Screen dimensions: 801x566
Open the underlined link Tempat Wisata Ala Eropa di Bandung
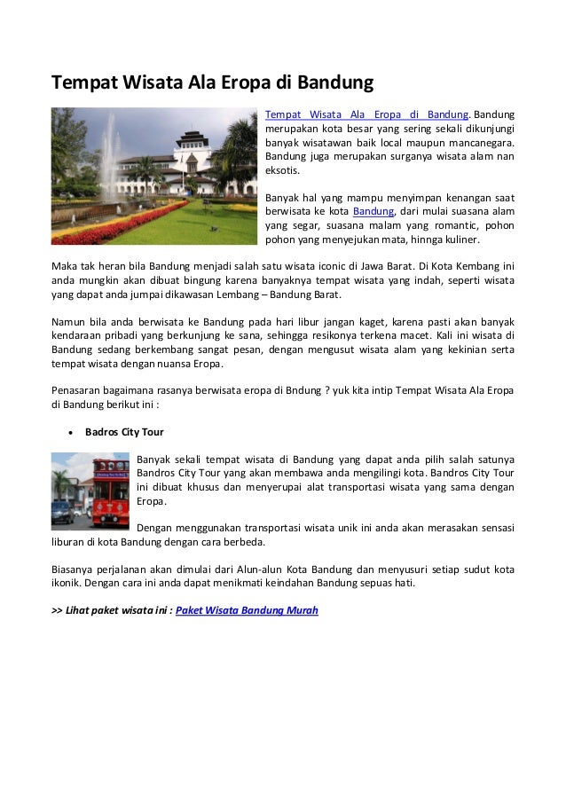click(x=366, y=114)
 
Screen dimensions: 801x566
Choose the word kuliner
click(x=459, y=239)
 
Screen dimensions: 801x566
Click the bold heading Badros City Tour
click(x=124, y=432)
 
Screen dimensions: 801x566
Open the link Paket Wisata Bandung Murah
click(x=248, y=610)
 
